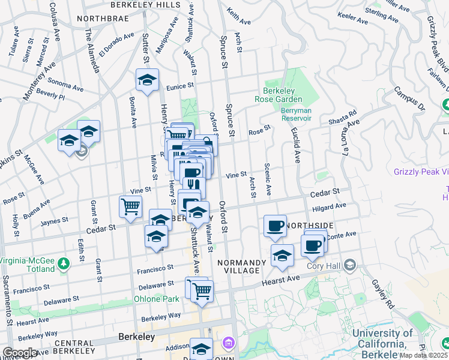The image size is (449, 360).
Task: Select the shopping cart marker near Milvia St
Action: click(x=130, y=207)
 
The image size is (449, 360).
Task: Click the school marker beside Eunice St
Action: click(x=147, y=80)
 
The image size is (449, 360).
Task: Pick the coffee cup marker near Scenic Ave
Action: click(x=275, y=226)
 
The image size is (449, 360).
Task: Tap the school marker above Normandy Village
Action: click(x=282, y=256)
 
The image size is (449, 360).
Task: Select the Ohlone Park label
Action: click(x=156, y=299)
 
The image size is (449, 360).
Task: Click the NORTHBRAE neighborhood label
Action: click(x=100, y=19)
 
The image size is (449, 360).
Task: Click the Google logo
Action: click(x=20, y=353)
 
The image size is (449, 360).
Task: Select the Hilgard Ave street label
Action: click(x=330, y=206)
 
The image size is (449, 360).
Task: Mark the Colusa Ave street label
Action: click(x=53, y=18)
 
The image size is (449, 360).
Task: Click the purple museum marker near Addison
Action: click(x=228, y=344)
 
